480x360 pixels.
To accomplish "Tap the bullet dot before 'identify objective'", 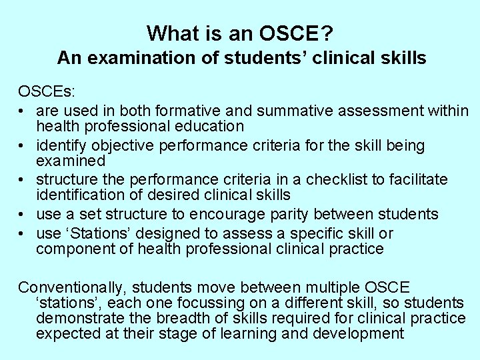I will point(23,145).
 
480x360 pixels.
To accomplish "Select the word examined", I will point(71,161).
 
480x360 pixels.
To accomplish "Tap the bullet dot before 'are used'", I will point(23,109).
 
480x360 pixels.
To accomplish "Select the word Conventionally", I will point(71,287).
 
